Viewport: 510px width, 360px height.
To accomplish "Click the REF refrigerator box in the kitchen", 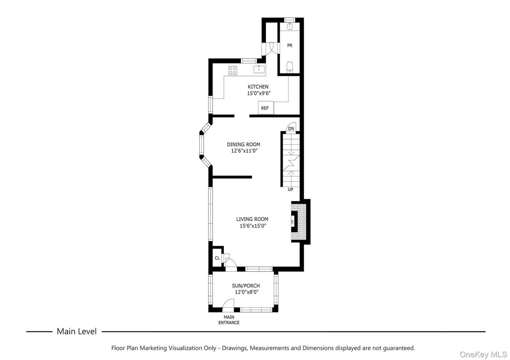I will click(265, 108).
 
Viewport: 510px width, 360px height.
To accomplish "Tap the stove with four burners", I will click(233, 69).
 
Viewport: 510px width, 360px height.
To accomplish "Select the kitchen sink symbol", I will click(259, 69).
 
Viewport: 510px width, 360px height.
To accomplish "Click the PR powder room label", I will click(290, 46).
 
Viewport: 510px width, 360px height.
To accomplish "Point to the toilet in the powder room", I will click(290, 68).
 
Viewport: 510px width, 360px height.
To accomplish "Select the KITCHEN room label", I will click(258, 86).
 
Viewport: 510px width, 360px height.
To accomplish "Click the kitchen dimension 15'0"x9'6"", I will click(258, 94).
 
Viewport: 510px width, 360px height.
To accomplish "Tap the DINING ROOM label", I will click(243, 144).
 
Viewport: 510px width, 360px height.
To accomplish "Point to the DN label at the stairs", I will click(291, 129).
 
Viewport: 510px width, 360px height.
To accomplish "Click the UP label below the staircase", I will click(290, 189).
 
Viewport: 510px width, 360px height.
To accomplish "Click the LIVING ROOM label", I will click(252, 219).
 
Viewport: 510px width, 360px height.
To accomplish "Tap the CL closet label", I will click(217, 258).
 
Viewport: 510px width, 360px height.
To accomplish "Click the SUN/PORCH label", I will click(245, 286).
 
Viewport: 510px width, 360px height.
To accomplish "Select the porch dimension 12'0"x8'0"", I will click(246, 292).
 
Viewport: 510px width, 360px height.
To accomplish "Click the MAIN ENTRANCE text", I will click(229, 320).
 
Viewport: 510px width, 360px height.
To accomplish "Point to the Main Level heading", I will click(76, 332).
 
